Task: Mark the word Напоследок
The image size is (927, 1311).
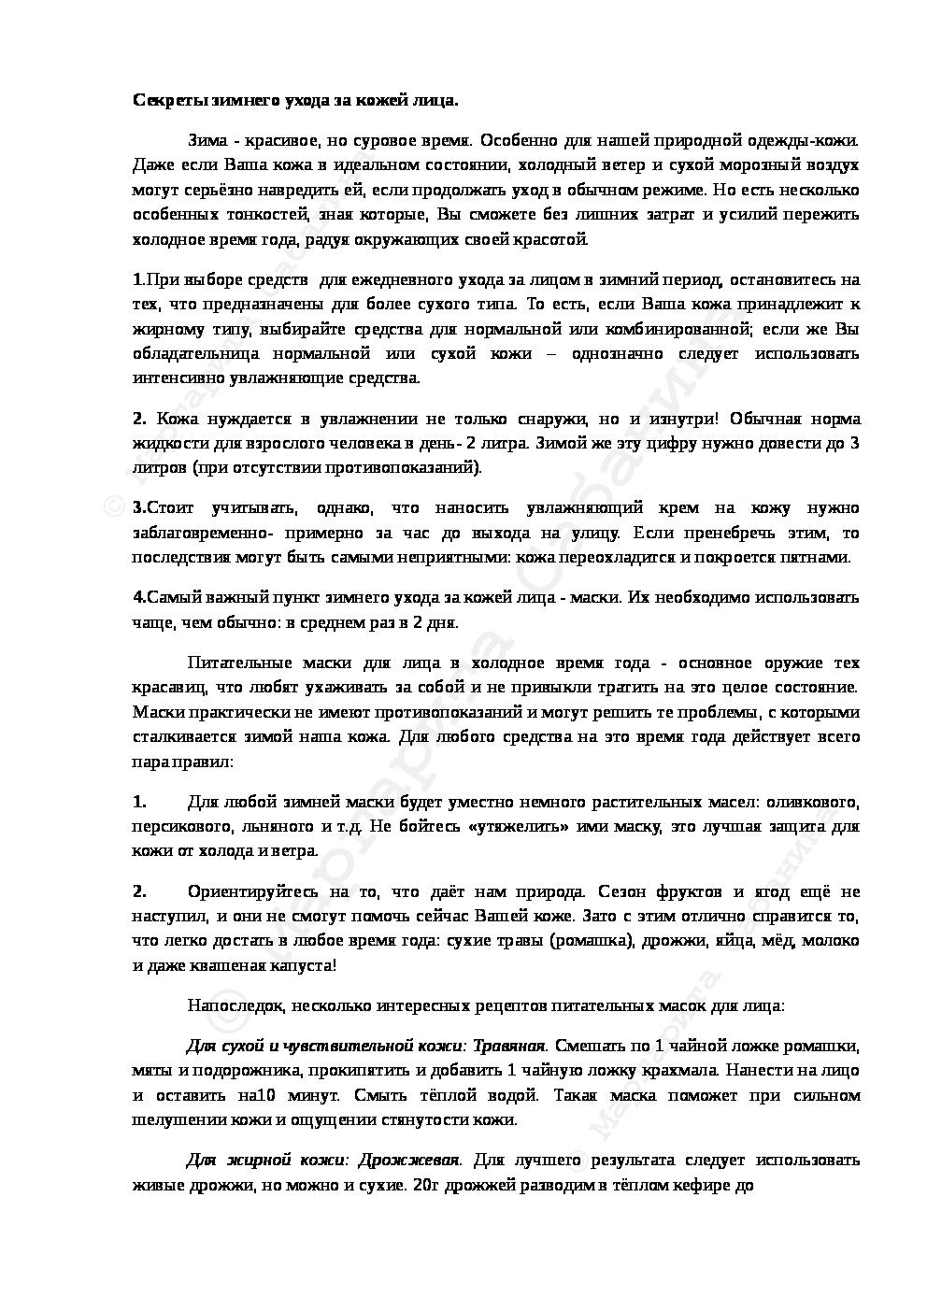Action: (x=234, y=1007)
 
